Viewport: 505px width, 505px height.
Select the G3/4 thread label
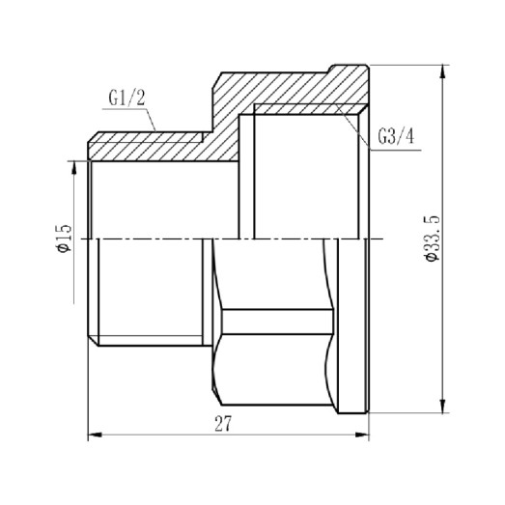pos(396,135)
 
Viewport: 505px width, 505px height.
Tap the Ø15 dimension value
pos(64,237)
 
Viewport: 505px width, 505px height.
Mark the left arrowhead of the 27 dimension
pos(94,436)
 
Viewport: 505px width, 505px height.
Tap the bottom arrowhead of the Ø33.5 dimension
pos(442,406)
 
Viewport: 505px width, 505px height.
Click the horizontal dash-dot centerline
pos(232,238)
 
